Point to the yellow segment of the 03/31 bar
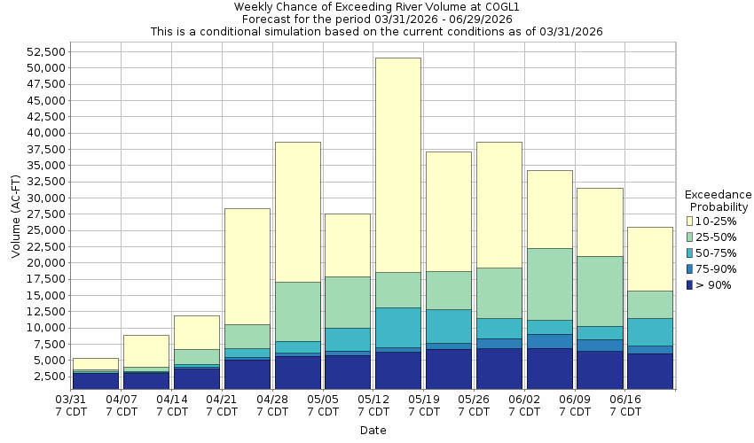(95, 363)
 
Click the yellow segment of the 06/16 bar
(650, 259)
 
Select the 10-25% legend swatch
(690, 221)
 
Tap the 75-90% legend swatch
(690, 269)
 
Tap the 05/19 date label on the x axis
(424, 405)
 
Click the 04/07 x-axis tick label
(122, 405)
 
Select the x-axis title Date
(373, 431)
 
